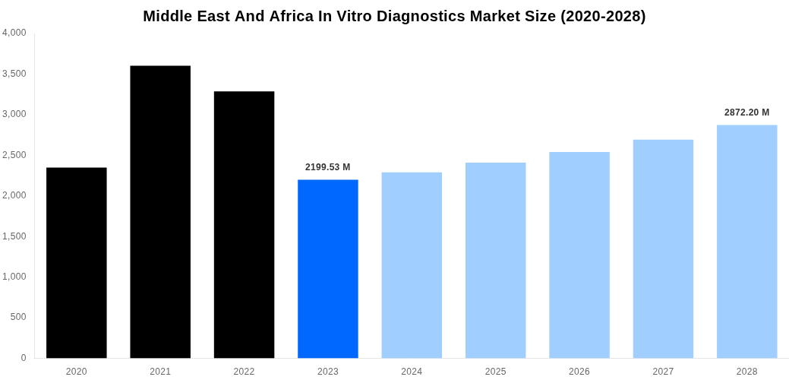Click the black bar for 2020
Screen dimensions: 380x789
[x=76, y=262]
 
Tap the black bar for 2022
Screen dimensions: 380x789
[x=244, y=224]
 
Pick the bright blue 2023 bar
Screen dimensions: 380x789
[x=327, y=268]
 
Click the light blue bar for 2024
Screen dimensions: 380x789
[x=412, y=264]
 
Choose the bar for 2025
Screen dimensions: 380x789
[x=495, y=260]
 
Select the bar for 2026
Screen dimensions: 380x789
[x=579, y=255]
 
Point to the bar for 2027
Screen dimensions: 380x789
[x=663, y=249]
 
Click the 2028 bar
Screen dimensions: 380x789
[x=746, y=241]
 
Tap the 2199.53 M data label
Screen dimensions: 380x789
[x=327, y=167]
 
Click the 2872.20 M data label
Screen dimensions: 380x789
[x=746, y=112]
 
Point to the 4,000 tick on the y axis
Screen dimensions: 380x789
[x=14, y=33]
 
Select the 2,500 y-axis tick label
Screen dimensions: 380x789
[x=14, y=155]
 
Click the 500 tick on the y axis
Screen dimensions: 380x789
[x=17, y=317]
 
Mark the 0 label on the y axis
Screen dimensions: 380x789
[x=24, y=358]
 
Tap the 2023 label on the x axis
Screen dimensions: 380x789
[x=327, y=372]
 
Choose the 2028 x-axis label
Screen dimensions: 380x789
[x=746, y=372]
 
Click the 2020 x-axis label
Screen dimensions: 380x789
[x=76, y=372]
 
